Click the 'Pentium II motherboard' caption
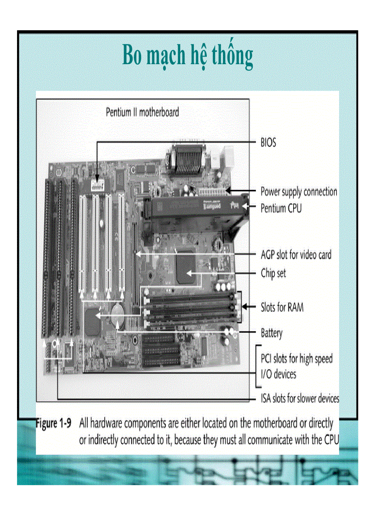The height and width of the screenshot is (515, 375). coord(142,112)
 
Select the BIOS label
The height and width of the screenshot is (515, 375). coord(268,143)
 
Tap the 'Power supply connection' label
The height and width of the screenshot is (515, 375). coord(299,191)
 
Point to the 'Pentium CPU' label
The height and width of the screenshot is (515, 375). coord(281,208)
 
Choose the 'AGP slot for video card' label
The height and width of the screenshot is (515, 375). coord(295,255)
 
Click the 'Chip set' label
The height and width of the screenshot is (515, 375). coord(273,273)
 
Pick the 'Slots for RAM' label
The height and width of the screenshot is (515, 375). coord(282,307)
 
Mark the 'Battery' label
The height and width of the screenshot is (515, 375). coord(272,333)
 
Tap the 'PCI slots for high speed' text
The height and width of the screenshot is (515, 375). coord(296,359)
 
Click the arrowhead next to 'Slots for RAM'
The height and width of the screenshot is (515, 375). coord(245,307)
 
